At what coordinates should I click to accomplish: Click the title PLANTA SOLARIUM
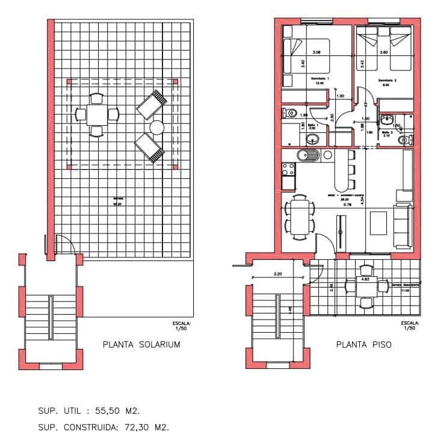pos(141,345)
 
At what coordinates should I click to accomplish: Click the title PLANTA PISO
pos(363,345)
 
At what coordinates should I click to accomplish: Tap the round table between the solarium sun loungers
pos(157,127)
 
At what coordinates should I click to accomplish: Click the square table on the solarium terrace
pos(96,113)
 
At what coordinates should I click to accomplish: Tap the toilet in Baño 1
pos(288,113)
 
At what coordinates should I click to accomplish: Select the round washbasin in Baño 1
pos(312,140)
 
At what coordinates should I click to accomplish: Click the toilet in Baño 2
pos(409,140)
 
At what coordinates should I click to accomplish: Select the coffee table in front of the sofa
pos(378,223)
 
